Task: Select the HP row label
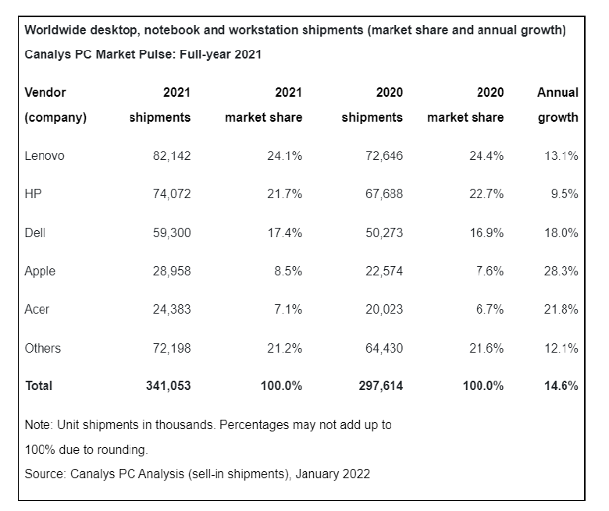click(x=33, y=194)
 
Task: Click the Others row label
click(x=43, y=348)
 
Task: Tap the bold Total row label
click(x=39, y=386)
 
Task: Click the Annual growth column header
click(x=557, y=105)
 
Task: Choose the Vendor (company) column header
click(x=55, y=105)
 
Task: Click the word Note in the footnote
click(x=37, y=426)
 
